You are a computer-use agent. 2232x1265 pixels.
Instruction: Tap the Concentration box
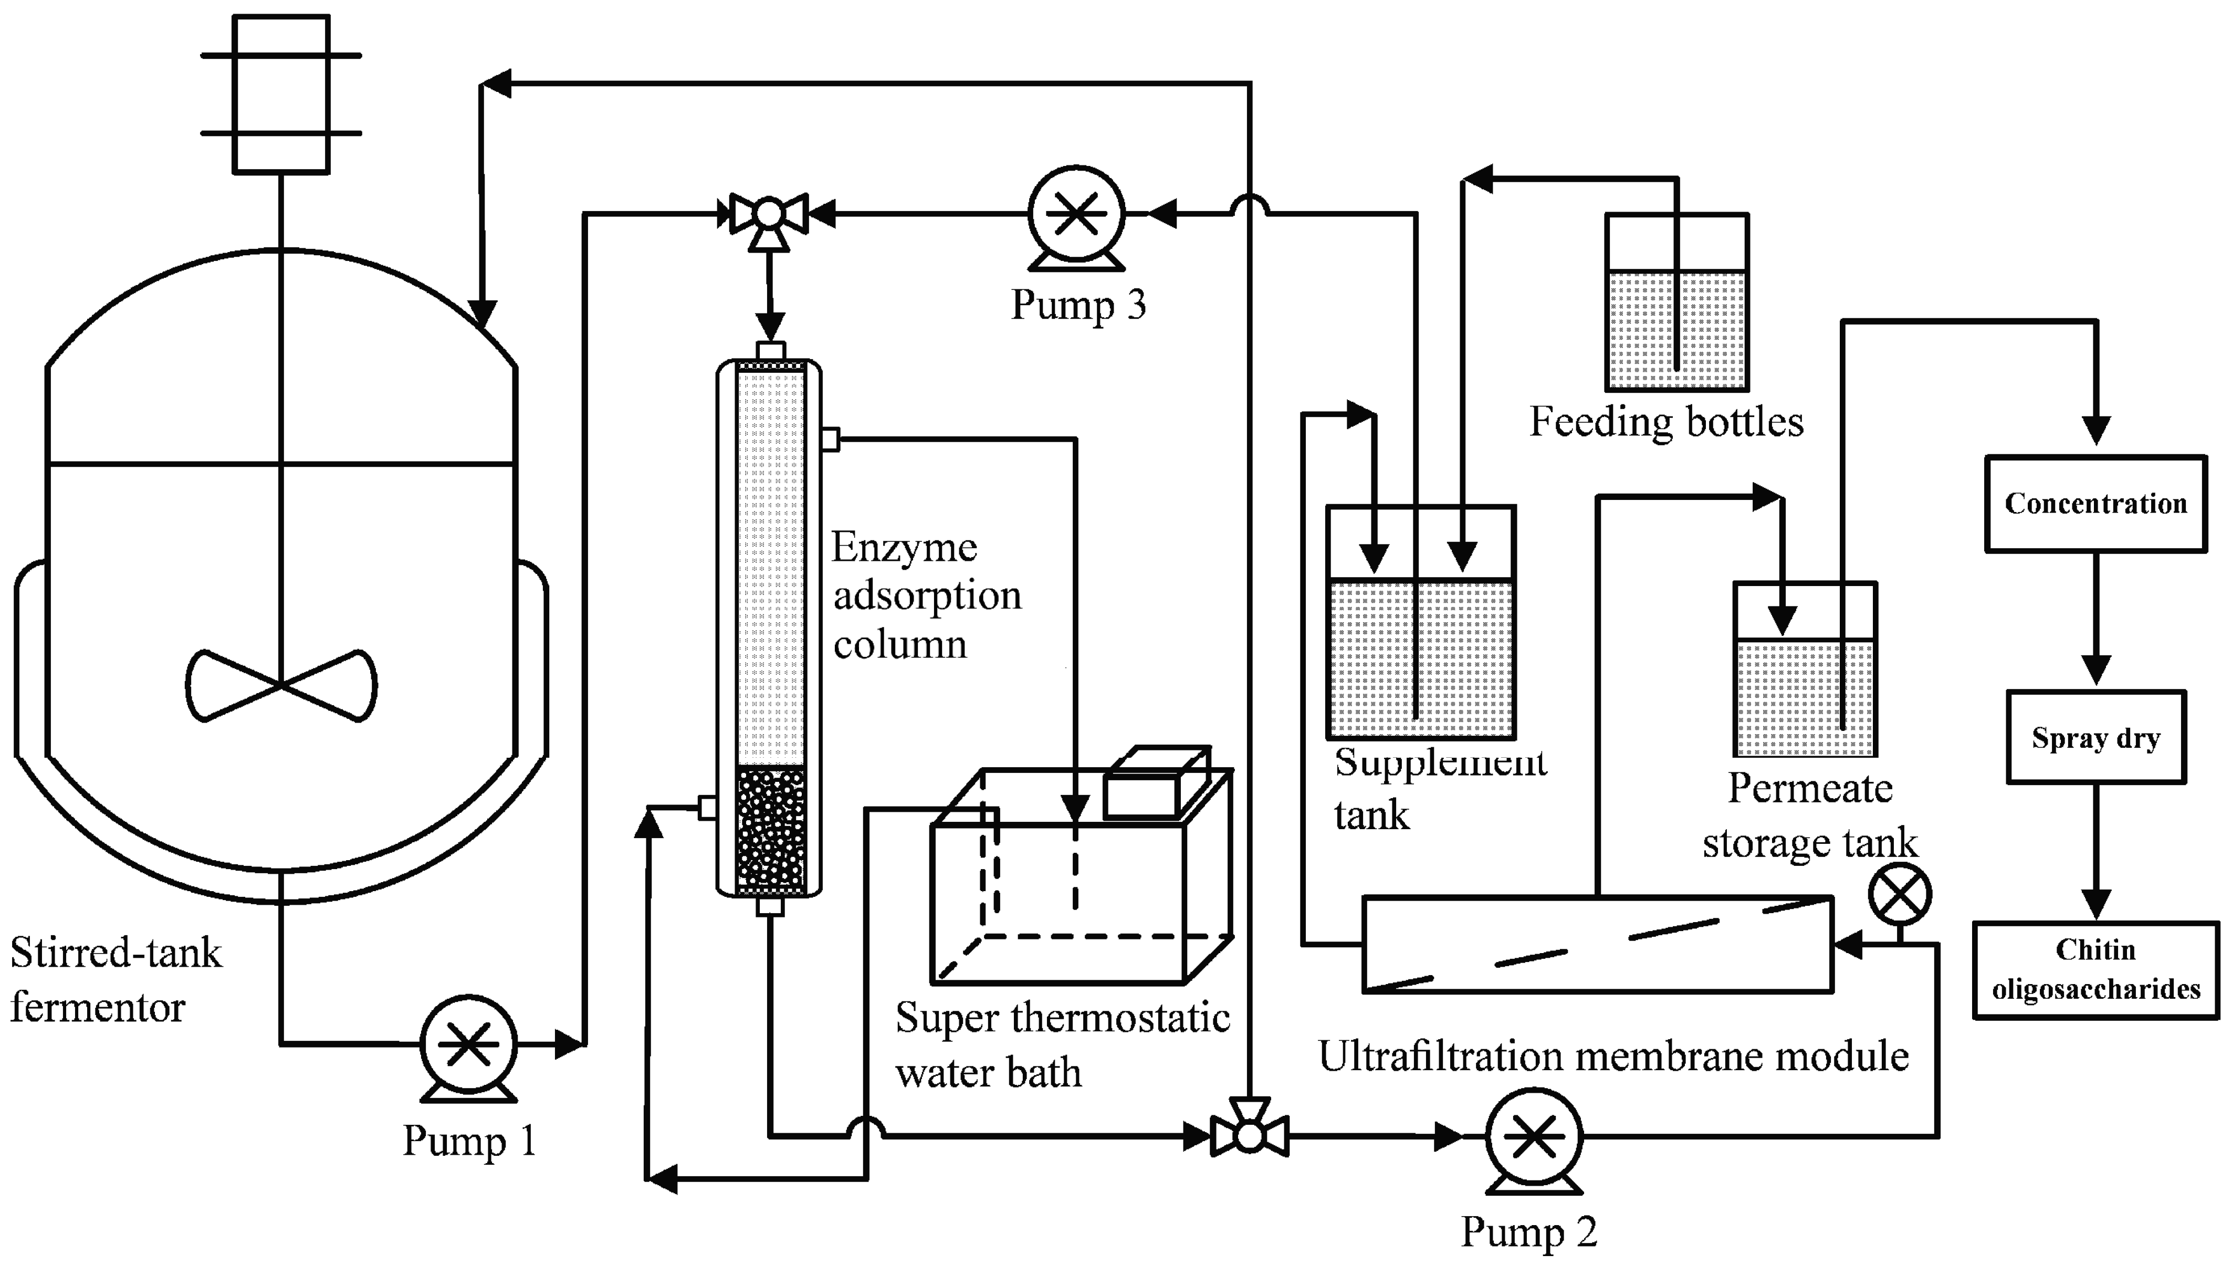2095,504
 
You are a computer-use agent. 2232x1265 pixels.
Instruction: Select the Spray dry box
2095,738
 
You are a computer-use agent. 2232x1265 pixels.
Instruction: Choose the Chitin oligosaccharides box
2095,969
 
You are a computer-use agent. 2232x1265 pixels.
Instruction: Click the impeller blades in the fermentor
280,685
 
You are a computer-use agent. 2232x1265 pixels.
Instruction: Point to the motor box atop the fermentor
280,94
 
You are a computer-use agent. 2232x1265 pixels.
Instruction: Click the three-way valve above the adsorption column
769,214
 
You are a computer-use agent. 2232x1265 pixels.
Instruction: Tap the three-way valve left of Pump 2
1249,1135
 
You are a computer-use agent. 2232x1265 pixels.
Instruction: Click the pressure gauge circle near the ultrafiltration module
1899,895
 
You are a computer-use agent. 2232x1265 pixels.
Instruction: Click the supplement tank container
1421,622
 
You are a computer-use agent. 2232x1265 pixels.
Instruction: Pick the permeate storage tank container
1805,669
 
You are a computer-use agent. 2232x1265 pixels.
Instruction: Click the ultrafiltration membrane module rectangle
1596,944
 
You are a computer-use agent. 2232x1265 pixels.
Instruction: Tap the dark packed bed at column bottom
770,830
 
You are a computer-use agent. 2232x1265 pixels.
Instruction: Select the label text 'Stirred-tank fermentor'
116,980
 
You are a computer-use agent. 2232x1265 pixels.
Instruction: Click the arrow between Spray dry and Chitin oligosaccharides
2095,851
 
